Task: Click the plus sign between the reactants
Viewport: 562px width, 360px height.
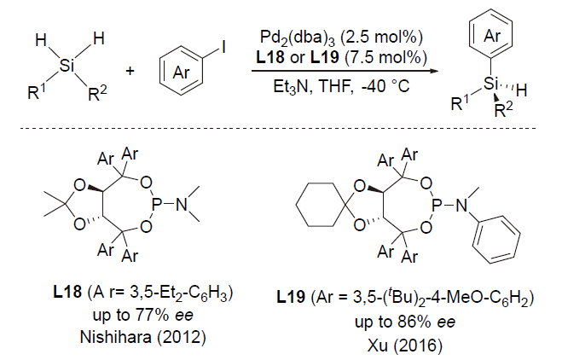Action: click(130, 69)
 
